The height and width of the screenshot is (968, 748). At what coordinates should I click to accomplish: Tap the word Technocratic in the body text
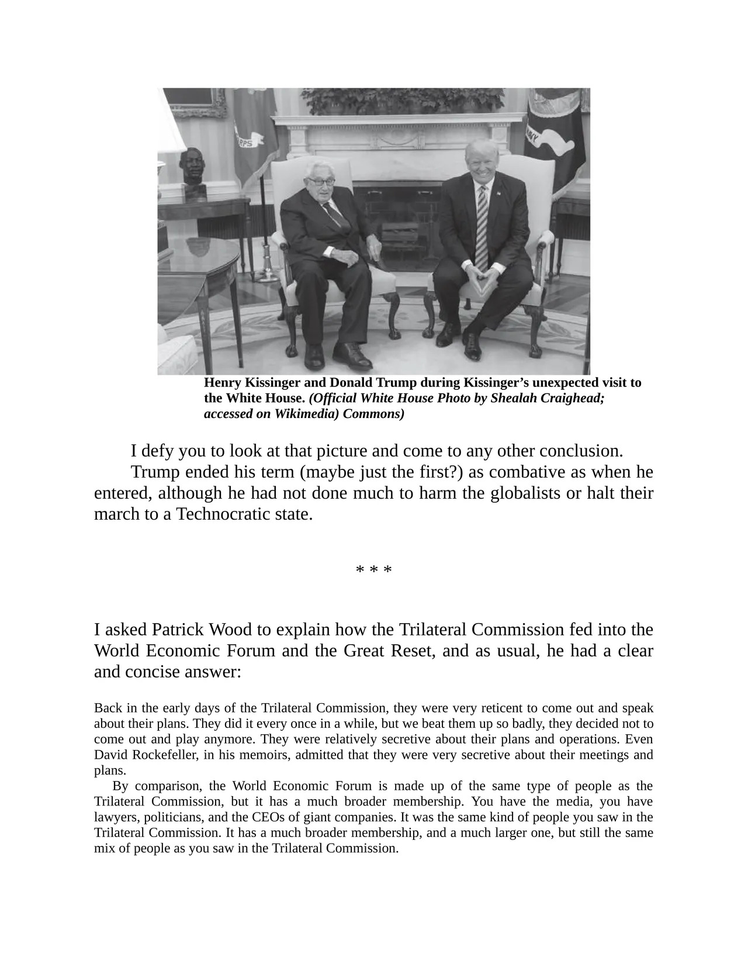pyautogui.click(x=225, y=514)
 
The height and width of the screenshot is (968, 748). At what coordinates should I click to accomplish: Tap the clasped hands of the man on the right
pyautogui.click(x=481, y=272)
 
